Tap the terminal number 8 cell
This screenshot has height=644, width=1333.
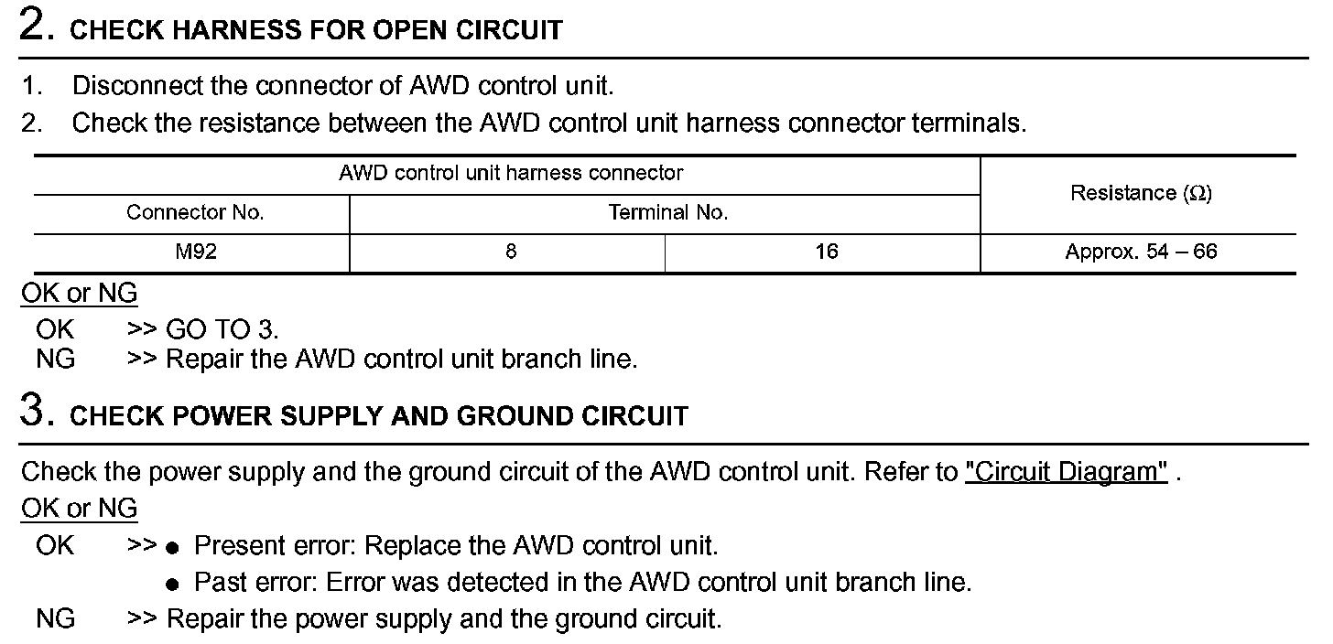tap(510, 252)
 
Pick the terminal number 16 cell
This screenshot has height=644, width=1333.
tap(826, 252)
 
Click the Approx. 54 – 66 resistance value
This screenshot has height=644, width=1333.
tap(1141, 252)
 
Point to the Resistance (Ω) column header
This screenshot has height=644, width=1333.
tap(1141, 193)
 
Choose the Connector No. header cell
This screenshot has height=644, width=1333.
tap(195, 213)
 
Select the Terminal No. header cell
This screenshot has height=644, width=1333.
tap(667, 213)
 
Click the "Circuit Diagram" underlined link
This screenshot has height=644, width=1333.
tap(1067, 472)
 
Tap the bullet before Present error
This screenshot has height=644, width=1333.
tap(171, 547)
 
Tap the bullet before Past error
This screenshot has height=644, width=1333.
tap(171, 584)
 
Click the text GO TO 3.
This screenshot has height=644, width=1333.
tap(222, 328)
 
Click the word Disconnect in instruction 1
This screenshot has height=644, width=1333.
tap(137, 86)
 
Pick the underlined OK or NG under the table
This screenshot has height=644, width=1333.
tap(79, 294)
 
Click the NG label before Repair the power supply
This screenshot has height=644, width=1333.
tap(55, 618)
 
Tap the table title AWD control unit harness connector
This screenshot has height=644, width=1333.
tap(511, 173)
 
